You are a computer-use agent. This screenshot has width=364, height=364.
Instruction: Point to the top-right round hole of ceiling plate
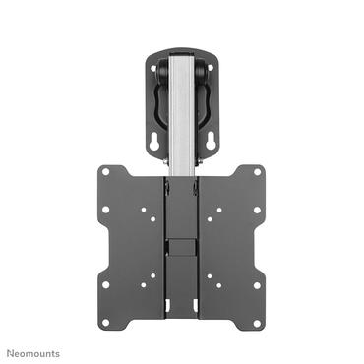[x=210, y=68]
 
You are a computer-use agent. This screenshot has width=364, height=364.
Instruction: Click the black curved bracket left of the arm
[x=154, y=102]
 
